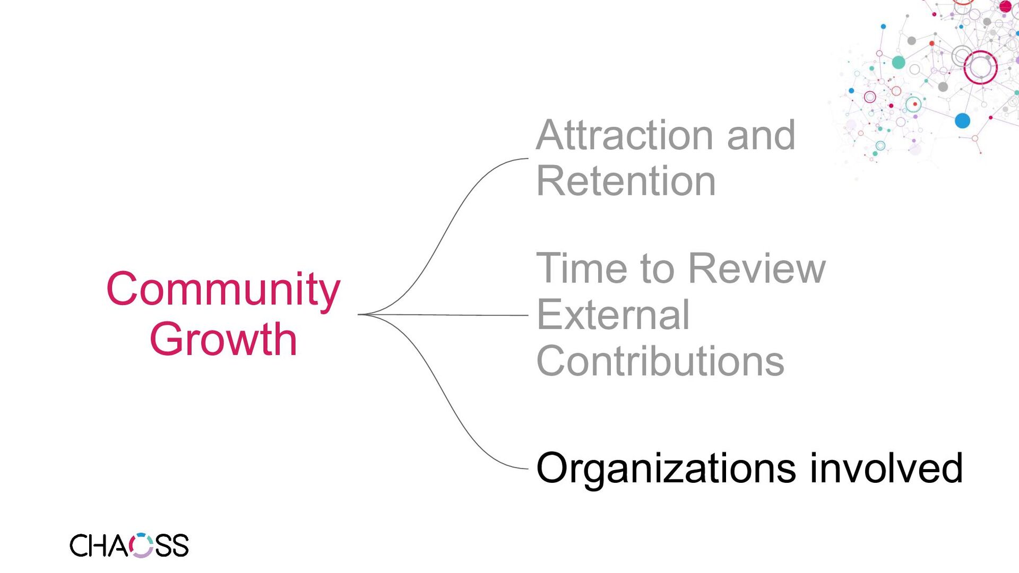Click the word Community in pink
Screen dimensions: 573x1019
click(x=223, y=290)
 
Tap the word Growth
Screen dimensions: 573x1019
click(x=223, y=340)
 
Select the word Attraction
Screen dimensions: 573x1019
click(x=626, y=135)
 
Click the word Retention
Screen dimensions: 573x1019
click(x=626, y=181)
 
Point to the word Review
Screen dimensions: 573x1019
click(x=757, y=268)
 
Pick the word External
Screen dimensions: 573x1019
click(x=613, y=315)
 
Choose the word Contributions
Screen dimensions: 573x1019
click(x=660, y=361)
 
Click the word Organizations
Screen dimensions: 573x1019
click(x=666, y=469)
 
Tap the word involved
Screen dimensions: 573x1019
click(x=886, y=468)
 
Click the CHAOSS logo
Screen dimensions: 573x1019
click(x=129, y=545)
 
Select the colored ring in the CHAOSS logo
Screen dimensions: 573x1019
click(x=142, y=545)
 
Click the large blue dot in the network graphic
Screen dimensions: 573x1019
click(x=962, y=120)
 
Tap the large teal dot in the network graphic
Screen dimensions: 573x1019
click(x=899, y=63)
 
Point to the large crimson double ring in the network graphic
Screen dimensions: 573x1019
click(x=980, y=67)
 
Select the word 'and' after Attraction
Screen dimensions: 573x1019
click(x=761, y=135)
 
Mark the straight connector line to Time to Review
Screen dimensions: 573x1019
click(x=451, y=315)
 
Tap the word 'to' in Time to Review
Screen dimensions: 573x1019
click(x=659, y=268)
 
